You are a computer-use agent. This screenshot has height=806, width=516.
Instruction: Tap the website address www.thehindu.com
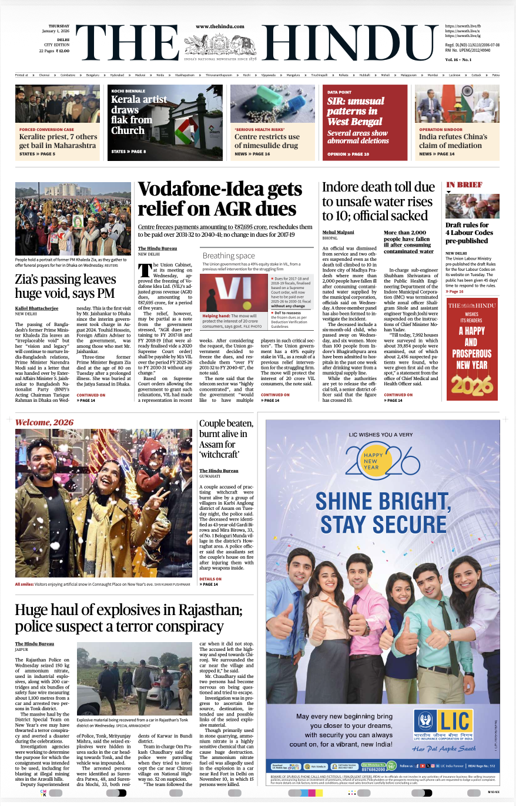[x=220, y=27]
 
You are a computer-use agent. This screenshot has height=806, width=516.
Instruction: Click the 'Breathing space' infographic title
[x=229, y=256]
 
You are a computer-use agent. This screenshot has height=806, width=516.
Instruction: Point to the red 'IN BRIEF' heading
[x=464, y=184]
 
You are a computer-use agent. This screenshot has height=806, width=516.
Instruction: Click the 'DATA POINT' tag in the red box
[x=340, y=92]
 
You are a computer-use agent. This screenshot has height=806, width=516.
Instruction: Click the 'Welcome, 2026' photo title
[x=45, y=422]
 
